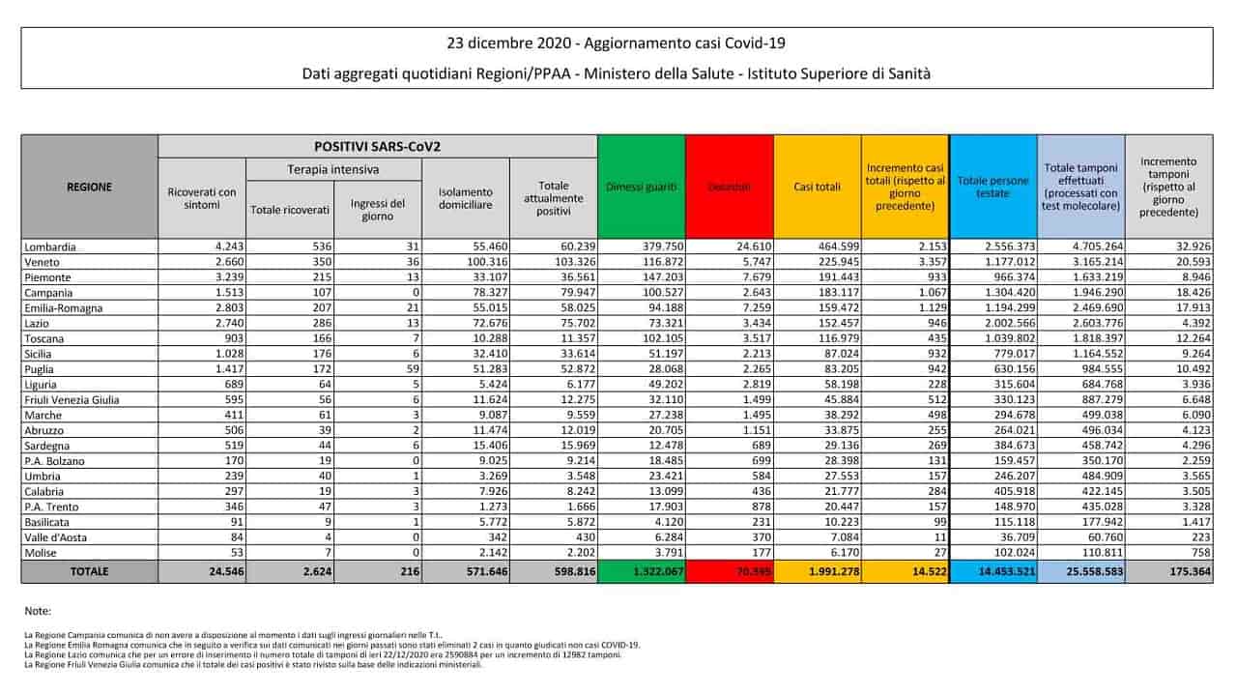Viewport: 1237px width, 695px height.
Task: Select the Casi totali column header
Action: pyautogui.click(x=817, y=187)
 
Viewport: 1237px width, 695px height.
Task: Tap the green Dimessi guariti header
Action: pyautogui.click(x=642, y=187)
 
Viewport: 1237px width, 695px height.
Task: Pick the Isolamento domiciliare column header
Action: pyautogui.click(x=466, y=198)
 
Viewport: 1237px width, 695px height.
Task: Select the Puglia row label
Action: pyautogui.click(x=42, y=369)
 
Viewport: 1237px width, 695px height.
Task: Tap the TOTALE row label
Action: pyautogui.click(x=89, y=572)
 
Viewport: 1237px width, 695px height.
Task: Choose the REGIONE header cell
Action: pyautogui.click(x=89, y=187)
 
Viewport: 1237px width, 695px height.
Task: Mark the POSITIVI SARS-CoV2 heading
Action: pyautogui.click(x=377, y=146)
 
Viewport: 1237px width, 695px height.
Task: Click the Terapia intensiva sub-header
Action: pyautogui.click(x=333, y=169)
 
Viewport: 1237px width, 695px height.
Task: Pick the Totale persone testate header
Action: pyautogui.click(x=992, y=187)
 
